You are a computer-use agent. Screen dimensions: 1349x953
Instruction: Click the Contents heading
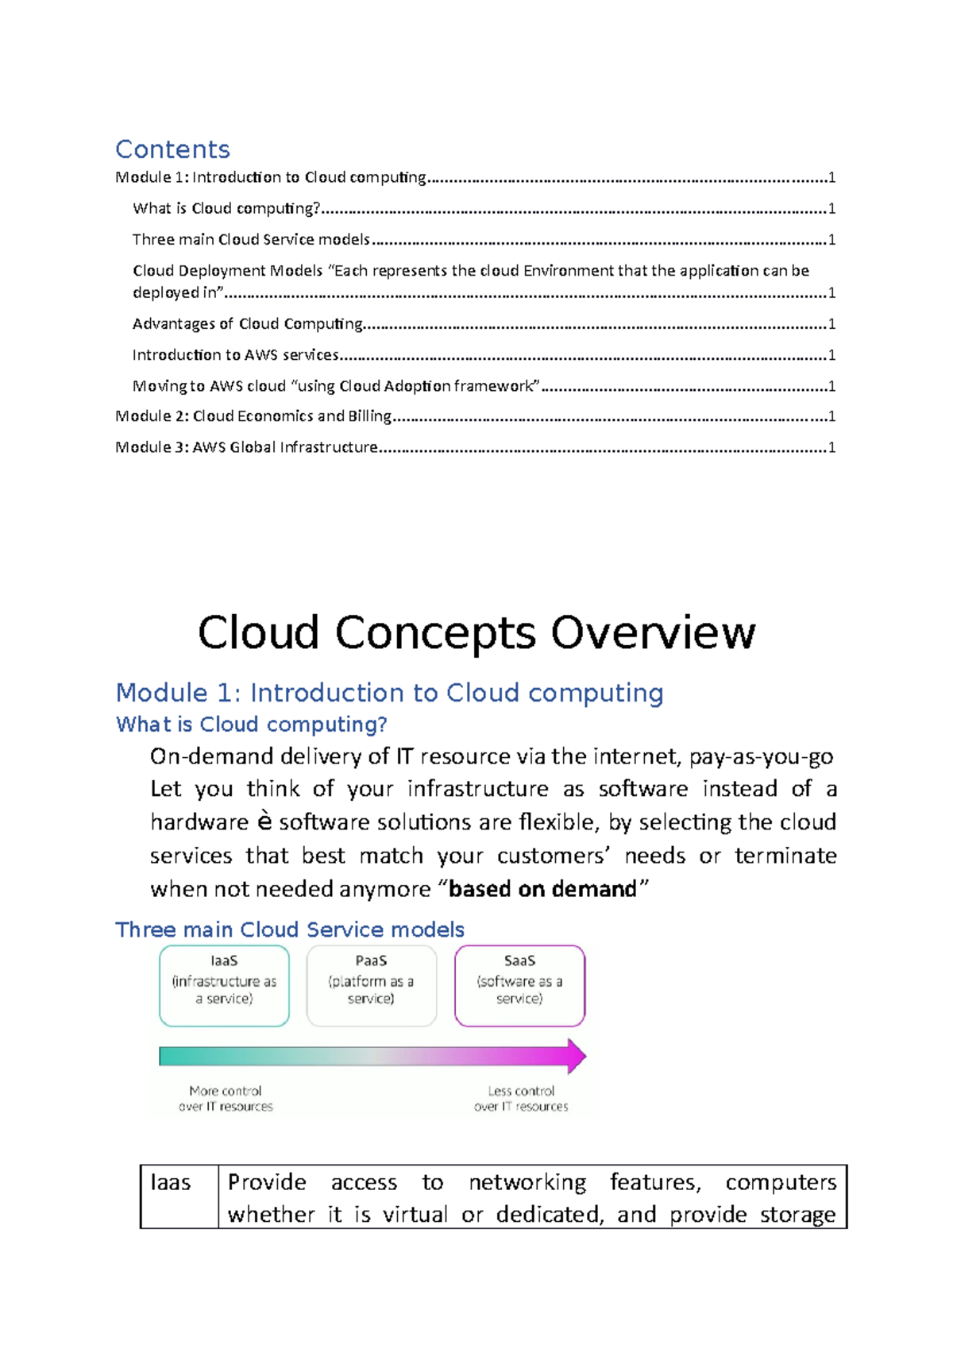[x=172, y=149]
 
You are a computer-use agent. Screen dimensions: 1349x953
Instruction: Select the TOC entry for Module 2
[x=253, y=416]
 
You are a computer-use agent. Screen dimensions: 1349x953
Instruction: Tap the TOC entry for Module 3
[x=246, y=447]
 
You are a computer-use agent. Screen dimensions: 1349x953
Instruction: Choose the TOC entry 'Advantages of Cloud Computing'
[x=248, y=324]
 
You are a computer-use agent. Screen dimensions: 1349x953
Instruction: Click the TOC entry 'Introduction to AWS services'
[x=236, y=355]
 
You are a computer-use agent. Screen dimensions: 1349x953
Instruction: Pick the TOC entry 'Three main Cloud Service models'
[x=251, y=240]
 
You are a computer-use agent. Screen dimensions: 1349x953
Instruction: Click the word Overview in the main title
[x=653, y=633]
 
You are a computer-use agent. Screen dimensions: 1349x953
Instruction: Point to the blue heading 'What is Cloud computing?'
[x=252, y=725]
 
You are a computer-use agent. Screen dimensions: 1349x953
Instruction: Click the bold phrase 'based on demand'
[x=542, y=889]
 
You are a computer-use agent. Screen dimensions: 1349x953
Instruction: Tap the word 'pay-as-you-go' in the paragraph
[x=761, y=756]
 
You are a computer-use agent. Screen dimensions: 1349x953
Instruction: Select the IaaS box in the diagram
[x=224, y=985]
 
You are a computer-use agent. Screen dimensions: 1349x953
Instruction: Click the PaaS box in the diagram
[x=371, y=985]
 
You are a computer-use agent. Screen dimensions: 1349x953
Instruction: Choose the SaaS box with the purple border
[x=519, y=985]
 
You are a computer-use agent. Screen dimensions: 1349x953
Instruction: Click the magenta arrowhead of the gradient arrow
[x=576, y=1056]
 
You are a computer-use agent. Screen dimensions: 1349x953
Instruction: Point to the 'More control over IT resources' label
[x=226, y=1099]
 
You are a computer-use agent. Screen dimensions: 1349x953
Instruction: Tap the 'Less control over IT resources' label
[x=521, y=1099]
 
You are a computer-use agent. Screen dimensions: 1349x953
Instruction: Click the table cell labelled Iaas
[x=171, y=1183]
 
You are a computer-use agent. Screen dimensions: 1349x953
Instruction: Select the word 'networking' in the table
[x=527, y=1183]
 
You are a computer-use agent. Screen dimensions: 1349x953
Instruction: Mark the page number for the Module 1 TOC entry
[x=831, y=178]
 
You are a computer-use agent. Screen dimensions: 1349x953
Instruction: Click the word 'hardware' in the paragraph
[x=199, y=822]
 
